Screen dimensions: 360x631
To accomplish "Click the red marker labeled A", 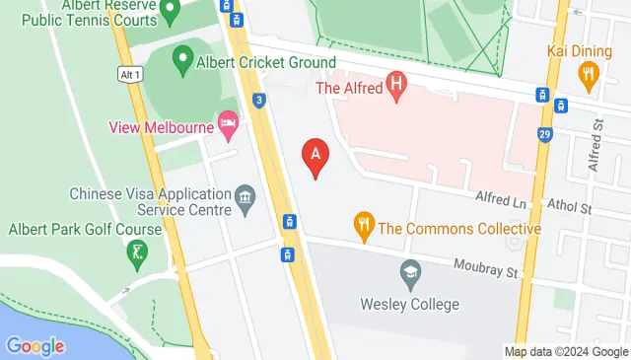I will tap(315, 155).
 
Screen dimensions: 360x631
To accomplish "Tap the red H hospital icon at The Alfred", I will tap(396, 85).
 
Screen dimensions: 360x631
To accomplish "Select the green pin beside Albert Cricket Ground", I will tap(181, 62).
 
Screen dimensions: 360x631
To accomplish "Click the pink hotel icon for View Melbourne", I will tap(229, 125).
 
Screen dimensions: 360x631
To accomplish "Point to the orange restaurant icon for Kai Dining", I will tap(590, 72).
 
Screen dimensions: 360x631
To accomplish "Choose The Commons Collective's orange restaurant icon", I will tap(364, 227).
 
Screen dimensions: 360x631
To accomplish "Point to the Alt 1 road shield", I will tap(128, 75).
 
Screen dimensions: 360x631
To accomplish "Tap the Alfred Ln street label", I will tap(501, 199).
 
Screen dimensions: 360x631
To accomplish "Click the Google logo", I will tap(35, 346).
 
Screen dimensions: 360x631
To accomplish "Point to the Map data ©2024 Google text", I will tap(566, 352).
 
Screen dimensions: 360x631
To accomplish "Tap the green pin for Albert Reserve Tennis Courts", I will tap(170, 12).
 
